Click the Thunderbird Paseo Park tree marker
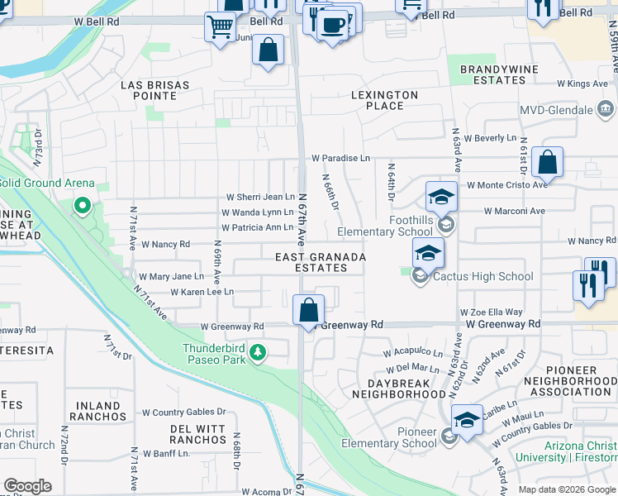coord(258,354)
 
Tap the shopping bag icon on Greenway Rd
coord(308,312)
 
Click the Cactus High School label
coord(483,276)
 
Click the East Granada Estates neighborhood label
coord(321,262)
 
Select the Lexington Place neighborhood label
coord(384,100)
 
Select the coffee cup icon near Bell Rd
coord(333,25)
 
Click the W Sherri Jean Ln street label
coord(260,197)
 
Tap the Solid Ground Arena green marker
coord(82,205)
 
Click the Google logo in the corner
coord(27,486)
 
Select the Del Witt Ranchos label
coord(198,434)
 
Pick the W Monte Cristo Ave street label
coord(507,185)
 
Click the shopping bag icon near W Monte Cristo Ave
coord(547,162)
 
